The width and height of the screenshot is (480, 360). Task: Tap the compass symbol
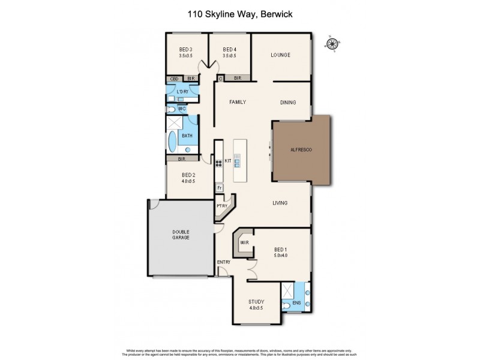tap(331, 43)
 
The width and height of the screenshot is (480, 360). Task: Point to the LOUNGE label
tap(280, 55)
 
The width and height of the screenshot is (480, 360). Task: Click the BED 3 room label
tap(185, 49)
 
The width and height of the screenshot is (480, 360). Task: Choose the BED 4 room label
tap(229, 49)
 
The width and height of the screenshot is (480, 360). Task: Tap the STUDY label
tap(256, 302)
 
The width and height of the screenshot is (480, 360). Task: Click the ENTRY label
tap(223, 262)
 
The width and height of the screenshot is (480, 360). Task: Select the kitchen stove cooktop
tap(219, 163)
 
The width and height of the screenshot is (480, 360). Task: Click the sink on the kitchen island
tap(238, 160)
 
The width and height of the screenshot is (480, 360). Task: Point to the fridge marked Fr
tap(220, 188)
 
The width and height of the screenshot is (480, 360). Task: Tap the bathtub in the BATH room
tap(173, 143)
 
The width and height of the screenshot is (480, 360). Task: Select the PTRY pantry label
tap(221, 206)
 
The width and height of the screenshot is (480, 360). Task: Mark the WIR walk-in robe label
tap(244, 242)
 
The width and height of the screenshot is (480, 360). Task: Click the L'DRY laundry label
tap(182, 91)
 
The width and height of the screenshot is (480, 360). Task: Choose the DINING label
tap(288, 103)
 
